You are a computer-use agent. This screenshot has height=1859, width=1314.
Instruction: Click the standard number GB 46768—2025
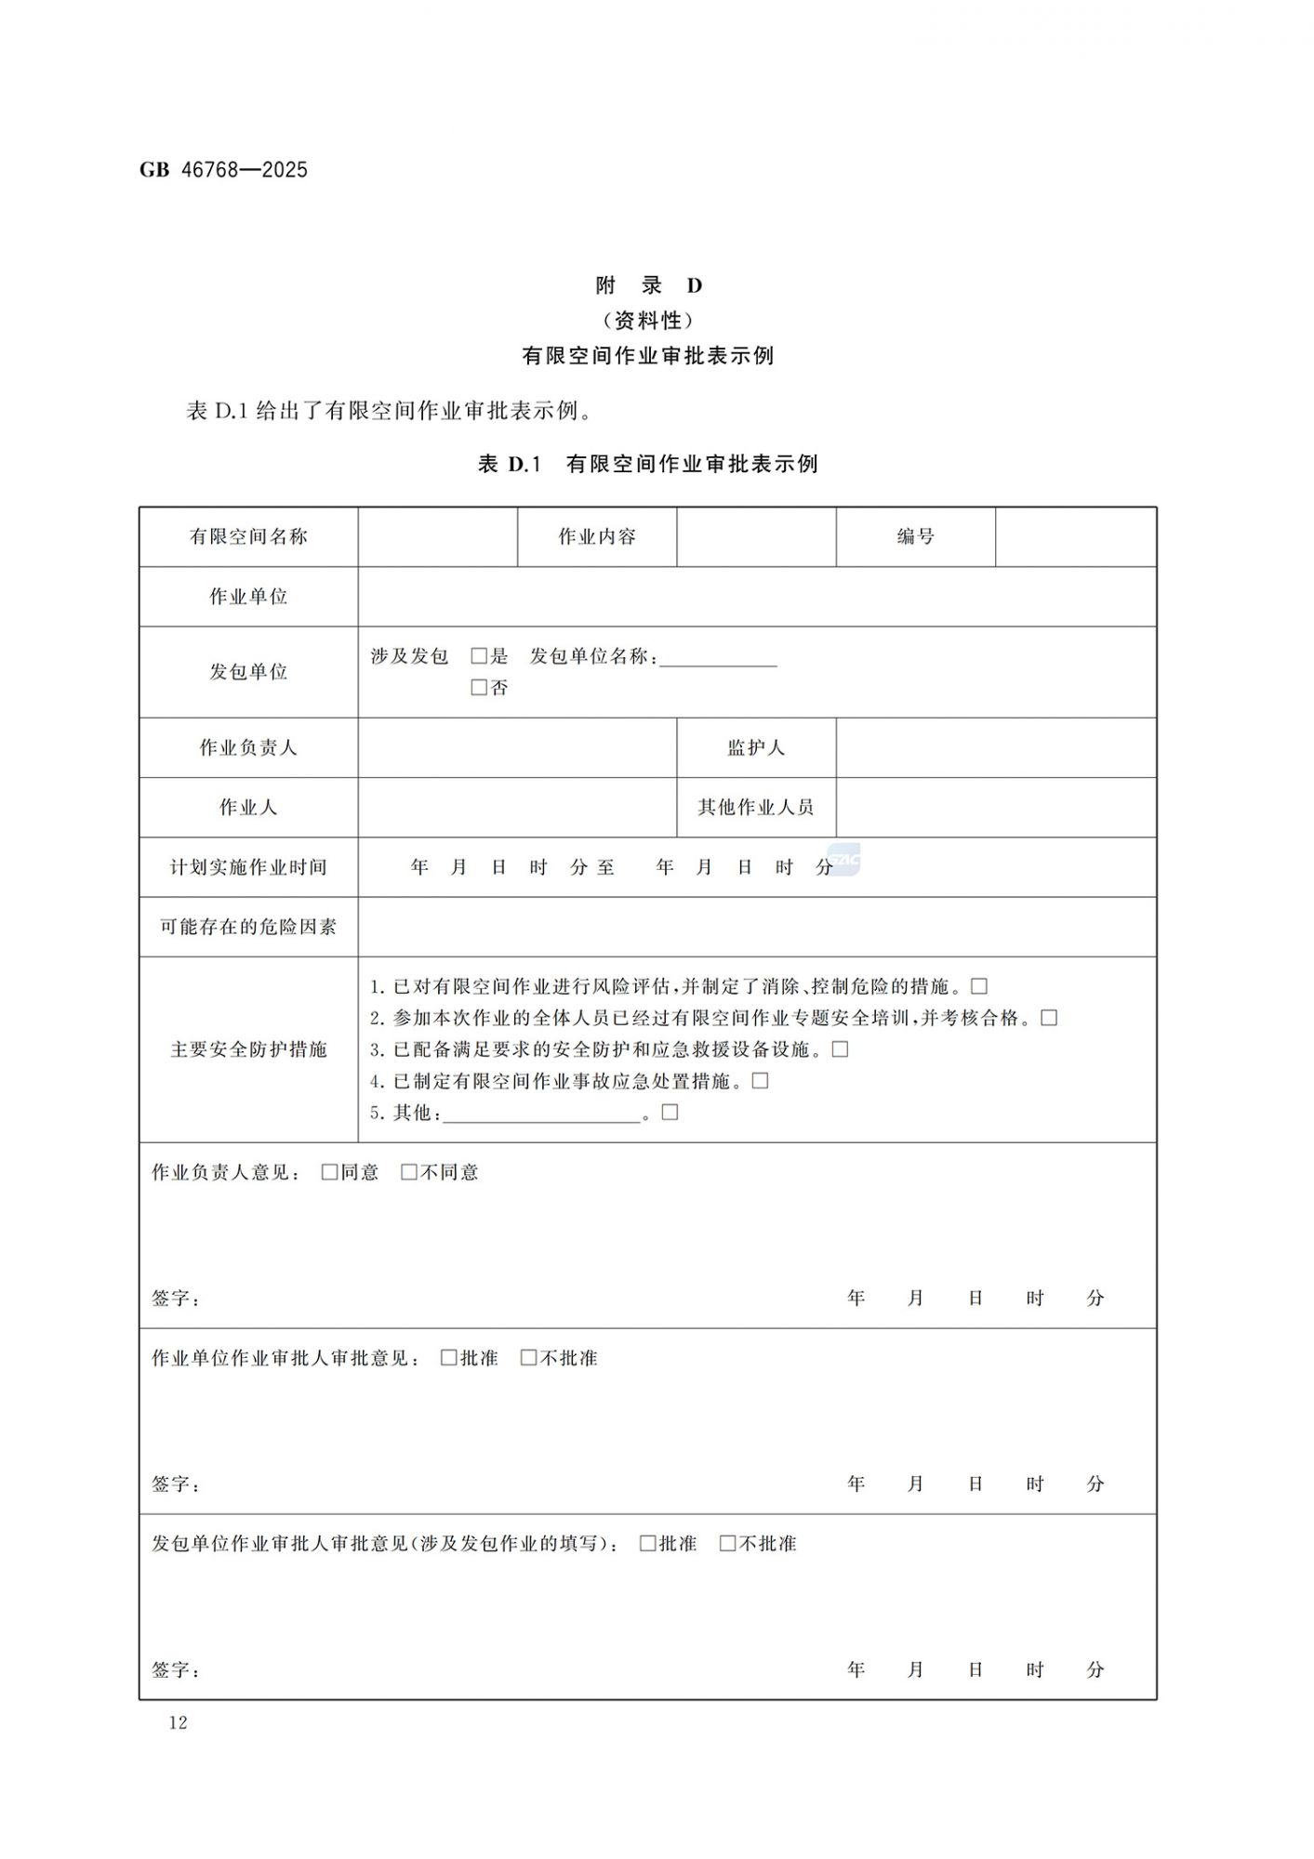click(x=223, y=170)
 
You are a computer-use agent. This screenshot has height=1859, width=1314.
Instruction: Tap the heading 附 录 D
click(x=648, y=285)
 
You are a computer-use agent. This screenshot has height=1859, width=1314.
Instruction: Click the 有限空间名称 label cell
click(x=248, y=536)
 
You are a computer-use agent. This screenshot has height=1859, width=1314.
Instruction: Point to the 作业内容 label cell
click(x=597, y=536)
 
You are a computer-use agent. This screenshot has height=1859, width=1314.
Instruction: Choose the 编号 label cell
click(x=915, y=536)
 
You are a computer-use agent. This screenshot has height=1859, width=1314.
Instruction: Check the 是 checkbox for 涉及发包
click(x=479, y=656)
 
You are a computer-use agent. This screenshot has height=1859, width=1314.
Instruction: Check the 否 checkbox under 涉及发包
click(x=479, y=688)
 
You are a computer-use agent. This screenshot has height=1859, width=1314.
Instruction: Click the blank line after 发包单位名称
click(x=718, y=660)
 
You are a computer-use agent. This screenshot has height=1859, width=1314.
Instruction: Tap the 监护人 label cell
click(x=756, y=747)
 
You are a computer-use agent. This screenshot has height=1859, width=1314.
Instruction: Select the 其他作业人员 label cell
click(x=756, y=807)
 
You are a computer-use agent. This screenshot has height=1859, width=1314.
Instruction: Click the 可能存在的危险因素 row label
click(x=248, y=927)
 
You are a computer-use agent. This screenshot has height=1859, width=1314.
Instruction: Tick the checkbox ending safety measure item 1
click(x=979, y=986)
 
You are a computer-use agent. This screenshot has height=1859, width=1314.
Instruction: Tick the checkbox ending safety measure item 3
click(x=841, y=1049)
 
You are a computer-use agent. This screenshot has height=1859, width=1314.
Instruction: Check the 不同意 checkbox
click(x=409, y=1172)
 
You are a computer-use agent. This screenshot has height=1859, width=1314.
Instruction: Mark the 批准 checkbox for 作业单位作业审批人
click(x=449, y=1358)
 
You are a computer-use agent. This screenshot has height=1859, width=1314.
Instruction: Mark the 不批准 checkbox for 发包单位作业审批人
click(x=728, y=1544)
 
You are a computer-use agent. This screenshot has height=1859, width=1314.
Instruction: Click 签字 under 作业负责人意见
click(x=175, y=1299)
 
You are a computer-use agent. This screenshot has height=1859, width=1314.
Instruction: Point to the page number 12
click(x=178, y=1722)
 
